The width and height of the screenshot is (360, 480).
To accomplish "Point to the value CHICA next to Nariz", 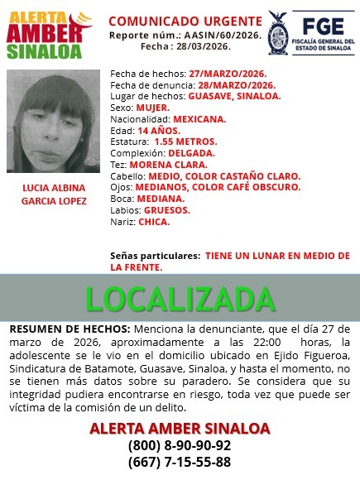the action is [154, 222].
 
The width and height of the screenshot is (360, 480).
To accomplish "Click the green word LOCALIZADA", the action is [180, 300].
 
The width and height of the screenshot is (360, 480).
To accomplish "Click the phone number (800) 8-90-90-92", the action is [180, 445].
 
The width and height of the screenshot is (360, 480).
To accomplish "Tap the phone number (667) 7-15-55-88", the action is [180, 463].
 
